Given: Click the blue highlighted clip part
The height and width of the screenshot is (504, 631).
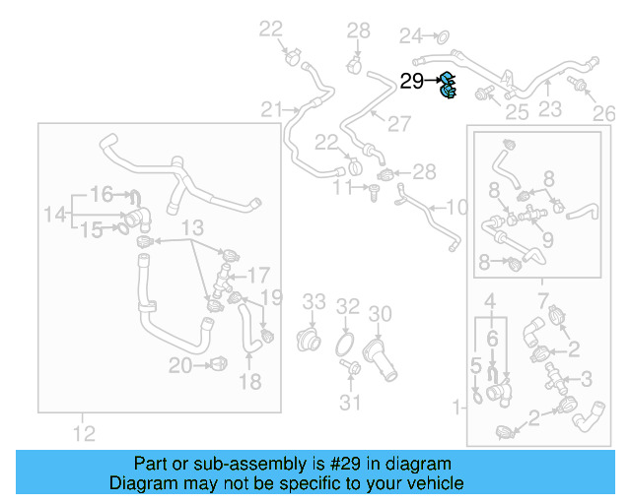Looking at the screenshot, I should coord(448,86).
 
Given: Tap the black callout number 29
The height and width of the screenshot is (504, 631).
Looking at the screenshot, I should coord(411,82).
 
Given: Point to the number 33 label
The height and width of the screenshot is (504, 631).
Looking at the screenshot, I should coord(314,300).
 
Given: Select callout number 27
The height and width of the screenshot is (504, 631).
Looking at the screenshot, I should coord(398,124).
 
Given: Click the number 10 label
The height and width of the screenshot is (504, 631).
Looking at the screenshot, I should coord(456,208).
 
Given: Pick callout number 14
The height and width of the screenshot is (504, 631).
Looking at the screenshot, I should coord(55,213).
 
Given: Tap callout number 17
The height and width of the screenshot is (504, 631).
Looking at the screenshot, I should coord(257,274).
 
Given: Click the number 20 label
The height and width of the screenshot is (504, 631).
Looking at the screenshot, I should coord(179,366).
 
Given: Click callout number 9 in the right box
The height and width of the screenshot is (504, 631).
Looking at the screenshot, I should coord(547,238).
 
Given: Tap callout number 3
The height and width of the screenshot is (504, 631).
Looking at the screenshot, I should coord(586,378).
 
